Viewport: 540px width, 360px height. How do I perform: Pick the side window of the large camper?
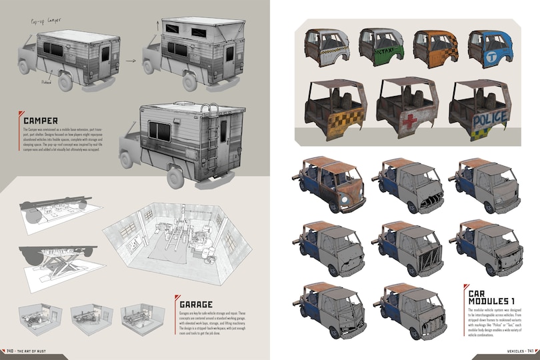click(x=160, y=129)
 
